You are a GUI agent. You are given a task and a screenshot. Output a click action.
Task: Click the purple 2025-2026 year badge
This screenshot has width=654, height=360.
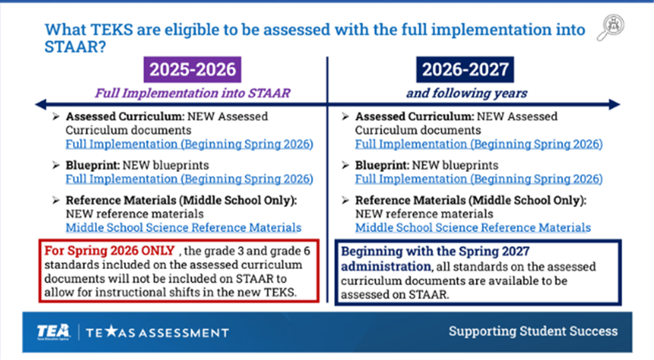pos(192,70)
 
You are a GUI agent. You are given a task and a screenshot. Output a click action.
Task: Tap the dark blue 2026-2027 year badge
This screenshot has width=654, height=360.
pos(465,70)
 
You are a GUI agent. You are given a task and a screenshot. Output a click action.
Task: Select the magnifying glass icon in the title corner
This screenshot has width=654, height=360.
pos(610,27)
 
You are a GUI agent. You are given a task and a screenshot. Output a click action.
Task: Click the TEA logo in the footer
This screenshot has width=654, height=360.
pos(54,332)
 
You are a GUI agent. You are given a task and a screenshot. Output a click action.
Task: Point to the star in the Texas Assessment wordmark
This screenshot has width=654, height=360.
pos(111,331)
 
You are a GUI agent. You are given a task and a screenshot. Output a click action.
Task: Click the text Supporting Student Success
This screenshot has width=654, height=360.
pos(533,331)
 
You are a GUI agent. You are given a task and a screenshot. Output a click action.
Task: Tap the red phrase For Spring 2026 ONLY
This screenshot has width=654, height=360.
pos(109,250)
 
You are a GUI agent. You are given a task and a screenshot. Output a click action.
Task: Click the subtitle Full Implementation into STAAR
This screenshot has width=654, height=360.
pos(192,92)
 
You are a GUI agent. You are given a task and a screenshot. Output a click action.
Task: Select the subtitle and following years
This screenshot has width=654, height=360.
pos(467,92)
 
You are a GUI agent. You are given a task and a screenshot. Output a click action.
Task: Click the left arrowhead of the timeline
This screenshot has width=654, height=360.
pos(41,104)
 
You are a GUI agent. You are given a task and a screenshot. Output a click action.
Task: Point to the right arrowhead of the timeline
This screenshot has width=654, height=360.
pos(615,104)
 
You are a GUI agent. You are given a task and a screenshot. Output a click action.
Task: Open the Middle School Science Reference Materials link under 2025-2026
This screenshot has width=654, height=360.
pos(183,228)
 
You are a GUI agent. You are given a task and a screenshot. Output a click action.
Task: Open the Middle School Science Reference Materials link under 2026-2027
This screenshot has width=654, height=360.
pos(473,228)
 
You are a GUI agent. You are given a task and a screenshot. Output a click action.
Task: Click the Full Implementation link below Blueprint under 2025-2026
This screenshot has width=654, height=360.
pos(189,179)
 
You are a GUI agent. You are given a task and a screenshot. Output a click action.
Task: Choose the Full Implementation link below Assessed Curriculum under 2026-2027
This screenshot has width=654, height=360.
pos(479,144)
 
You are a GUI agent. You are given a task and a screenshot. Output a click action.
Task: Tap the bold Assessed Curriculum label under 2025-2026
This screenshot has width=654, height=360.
pos(125,116)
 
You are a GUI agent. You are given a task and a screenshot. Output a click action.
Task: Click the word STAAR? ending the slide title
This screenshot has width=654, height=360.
pos(76,47)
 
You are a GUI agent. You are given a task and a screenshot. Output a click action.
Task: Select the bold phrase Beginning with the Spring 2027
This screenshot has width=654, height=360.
pos(435,251)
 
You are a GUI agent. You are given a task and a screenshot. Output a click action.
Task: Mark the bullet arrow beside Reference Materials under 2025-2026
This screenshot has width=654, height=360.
pos(56,200)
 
